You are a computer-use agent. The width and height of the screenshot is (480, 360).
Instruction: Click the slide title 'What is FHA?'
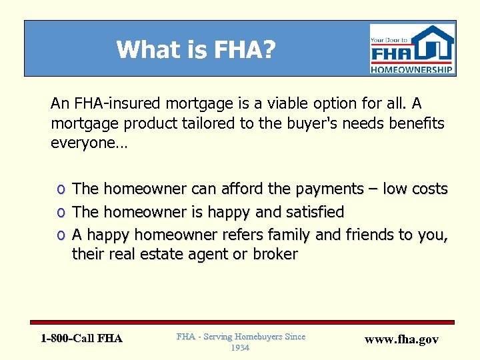196,50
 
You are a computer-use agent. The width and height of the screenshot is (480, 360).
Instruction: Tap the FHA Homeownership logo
412,49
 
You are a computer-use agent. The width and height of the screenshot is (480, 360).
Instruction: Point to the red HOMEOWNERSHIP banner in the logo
412,69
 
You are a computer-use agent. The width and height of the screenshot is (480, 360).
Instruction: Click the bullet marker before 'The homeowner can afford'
61,190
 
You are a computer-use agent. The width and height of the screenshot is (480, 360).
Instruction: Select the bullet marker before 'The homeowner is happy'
61,213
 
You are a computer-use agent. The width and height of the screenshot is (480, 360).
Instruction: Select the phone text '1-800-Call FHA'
81,339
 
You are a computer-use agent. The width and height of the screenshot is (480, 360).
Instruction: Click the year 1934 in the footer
241,348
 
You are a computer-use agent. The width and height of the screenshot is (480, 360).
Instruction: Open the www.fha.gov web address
402,339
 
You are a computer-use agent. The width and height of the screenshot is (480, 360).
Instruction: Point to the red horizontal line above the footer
247,322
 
